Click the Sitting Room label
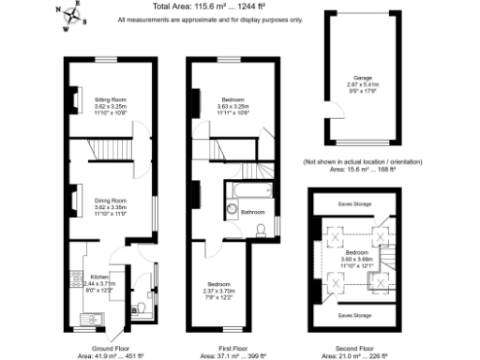click(111, 98)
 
